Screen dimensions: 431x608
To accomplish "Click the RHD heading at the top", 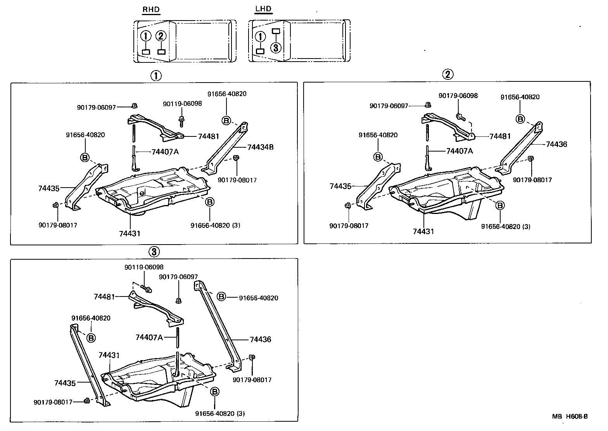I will pyautogui.click(x=151, y=10).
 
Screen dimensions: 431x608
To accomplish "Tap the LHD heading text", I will pyautogui.click(x=263, y=9).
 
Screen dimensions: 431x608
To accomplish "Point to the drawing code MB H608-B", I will pyautogui.click(x=570, y=417).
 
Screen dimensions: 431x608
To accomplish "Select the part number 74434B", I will pyautogui.click(x=260, y=147).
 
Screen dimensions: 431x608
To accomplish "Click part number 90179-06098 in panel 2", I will pyautogui.click(x=458, y=95).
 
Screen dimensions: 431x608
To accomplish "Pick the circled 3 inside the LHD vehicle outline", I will pyautogui.click(x=275, y=47).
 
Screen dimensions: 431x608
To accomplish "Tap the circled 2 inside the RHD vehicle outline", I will pyautogui.click(x=161, y=36).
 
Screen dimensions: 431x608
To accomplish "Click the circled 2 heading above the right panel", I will pyautogui.click(x=447, y=74).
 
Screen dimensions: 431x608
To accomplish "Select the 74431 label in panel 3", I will pyautogui.click(x=109, y=355).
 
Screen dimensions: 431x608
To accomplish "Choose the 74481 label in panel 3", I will pyautogui.click(x=104, y=297).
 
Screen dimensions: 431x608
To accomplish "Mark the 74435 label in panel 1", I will pyautogui.click(x=49, y=188).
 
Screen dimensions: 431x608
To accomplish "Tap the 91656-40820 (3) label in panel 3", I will pyautogui.click(x=220, y=414).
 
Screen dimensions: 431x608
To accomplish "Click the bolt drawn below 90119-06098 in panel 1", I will pyautogui.click(x=181, y=121).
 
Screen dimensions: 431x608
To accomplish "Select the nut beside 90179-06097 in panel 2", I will pyautogui.click(x=428, y=105).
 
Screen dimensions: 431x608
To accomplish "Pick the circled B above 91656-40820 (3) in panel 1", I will pyautogui.click(x=209, y=202).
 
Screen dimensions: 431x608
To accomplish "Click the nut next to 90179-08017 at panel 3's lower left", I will pyautogui.click(x=87, y=401).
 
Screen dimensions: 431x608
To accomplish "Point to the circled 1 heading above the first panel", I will pyautogui.click(x=156, y=75).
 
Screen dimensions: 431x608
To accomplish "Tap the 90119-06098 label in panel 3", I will pyautogui.click(x=144, y=267).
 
